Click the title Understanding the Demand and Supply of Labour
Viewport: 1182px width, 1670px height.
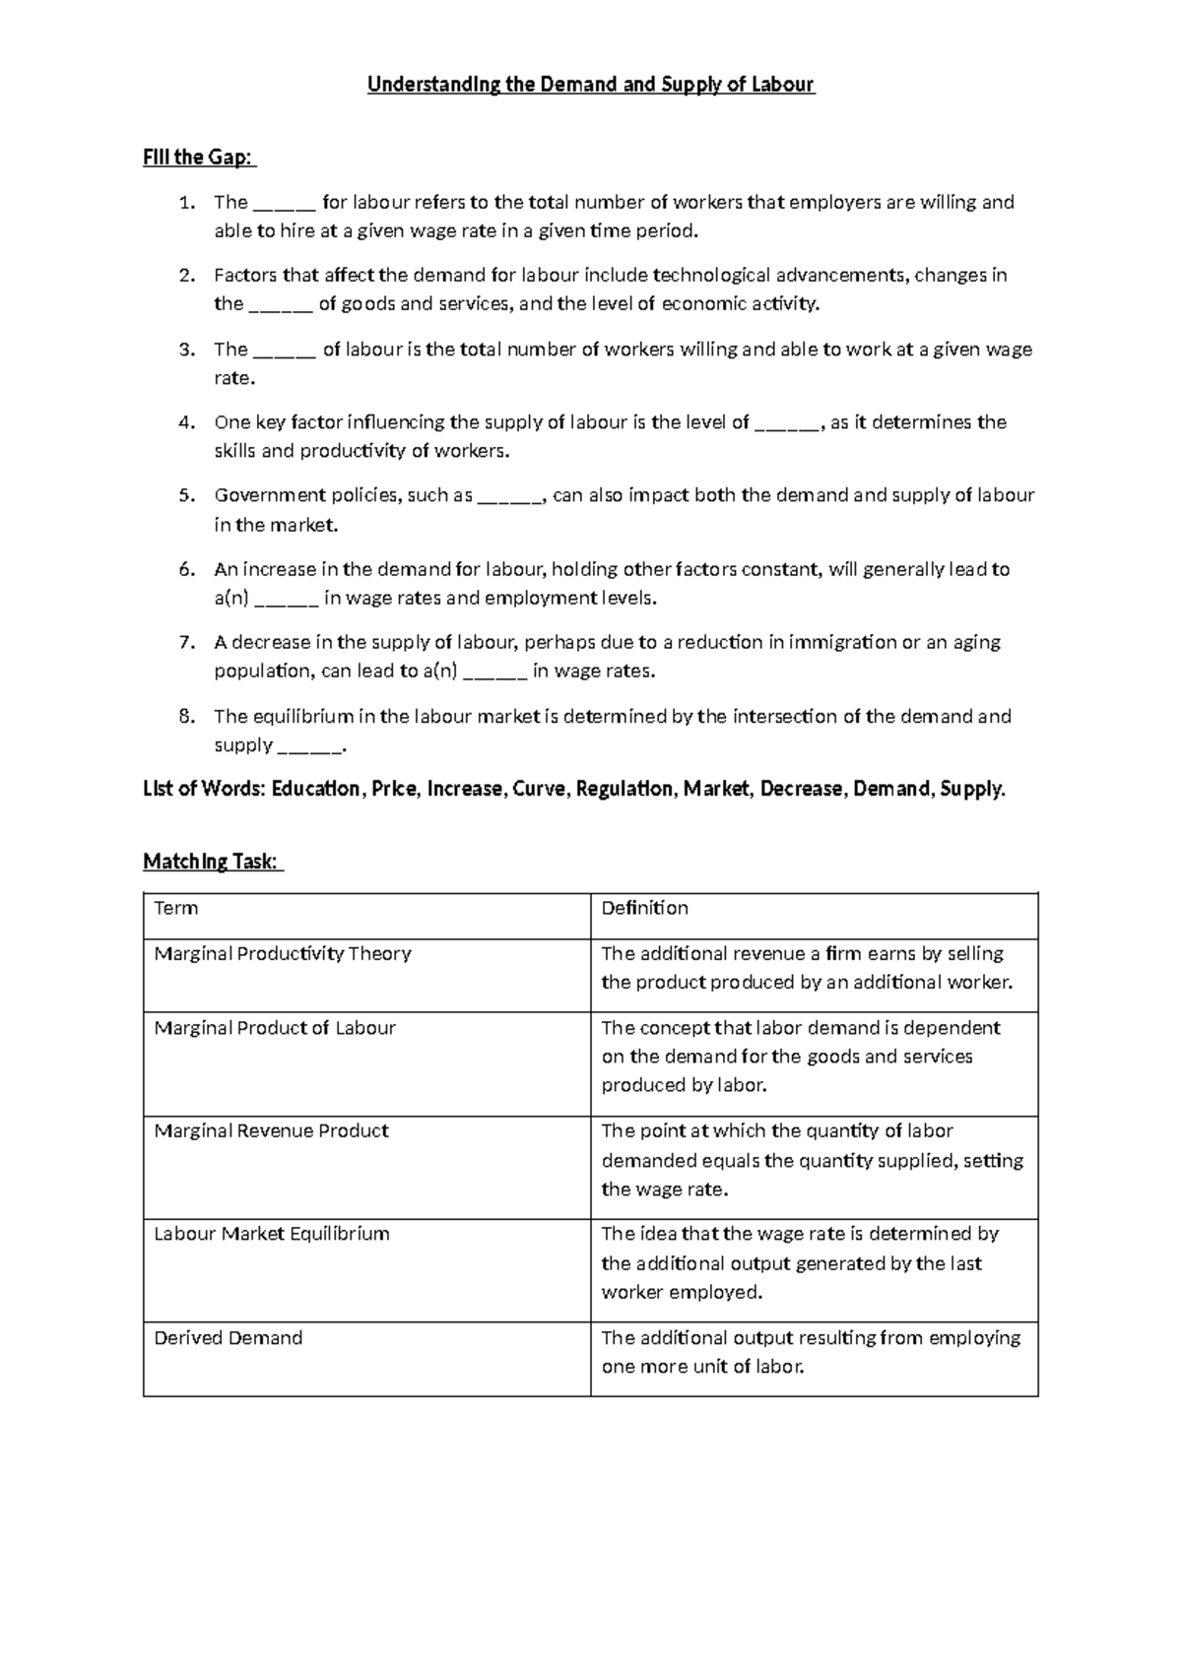[x=591, y=85]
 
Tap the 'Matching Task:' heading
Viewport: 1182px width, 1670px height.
[x=212, y=862]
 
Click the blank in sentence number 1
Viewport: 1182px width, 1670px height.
[x=285, y=204]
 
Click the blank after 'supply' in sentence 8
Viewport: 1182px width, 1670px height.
[x=310, y=746]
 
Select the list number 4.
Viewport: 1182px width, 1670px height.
[x=187, y=422]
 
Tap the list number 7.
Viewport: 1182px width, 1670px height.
[x=187, y=643]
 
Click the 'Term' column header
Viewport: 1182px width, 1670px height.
[x=176, y=909]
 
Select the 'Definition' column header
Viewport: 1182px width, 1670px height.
[x=645, y=909]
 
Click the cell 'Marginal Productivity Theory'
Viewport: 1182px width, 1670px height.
[x=283, y=954]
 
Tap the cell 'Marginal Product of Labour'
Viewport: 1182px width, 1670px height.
[x=275, y=1028]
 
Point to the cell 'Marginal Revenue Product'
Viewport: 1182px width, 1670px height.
[x=271, y=1131]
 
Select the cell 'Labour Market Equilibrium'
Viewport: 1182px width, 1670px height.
[x=272, y=1234]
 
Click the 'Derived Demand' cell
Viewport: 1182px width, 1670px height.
[x=229, y=1338]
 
